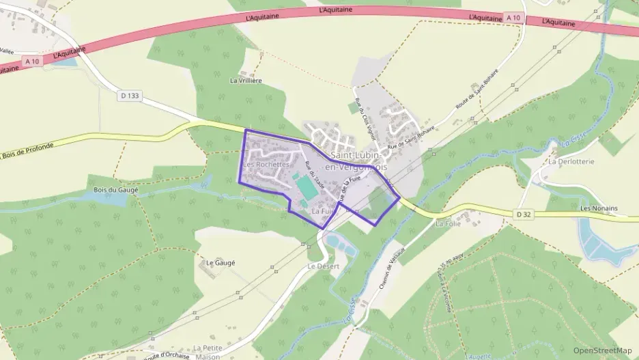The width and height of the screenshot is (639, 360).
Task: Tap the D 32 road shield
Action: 524,214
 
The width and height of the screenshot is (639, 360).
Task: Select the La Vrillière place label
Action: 246,81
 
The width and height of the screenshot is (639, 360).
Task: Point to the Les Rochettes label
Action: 267,165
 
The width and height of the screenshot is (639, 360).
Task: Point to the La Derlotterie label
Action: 571,162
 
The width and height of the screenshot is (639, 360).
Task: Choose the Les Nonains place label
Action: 598,208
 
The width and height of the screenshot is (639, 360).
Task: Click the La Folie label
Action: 449,223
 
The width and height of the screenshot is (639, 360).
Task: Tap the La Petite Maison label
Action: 207,352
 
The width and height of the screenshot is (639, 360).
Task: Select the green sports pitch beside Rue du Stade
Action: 306,186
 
